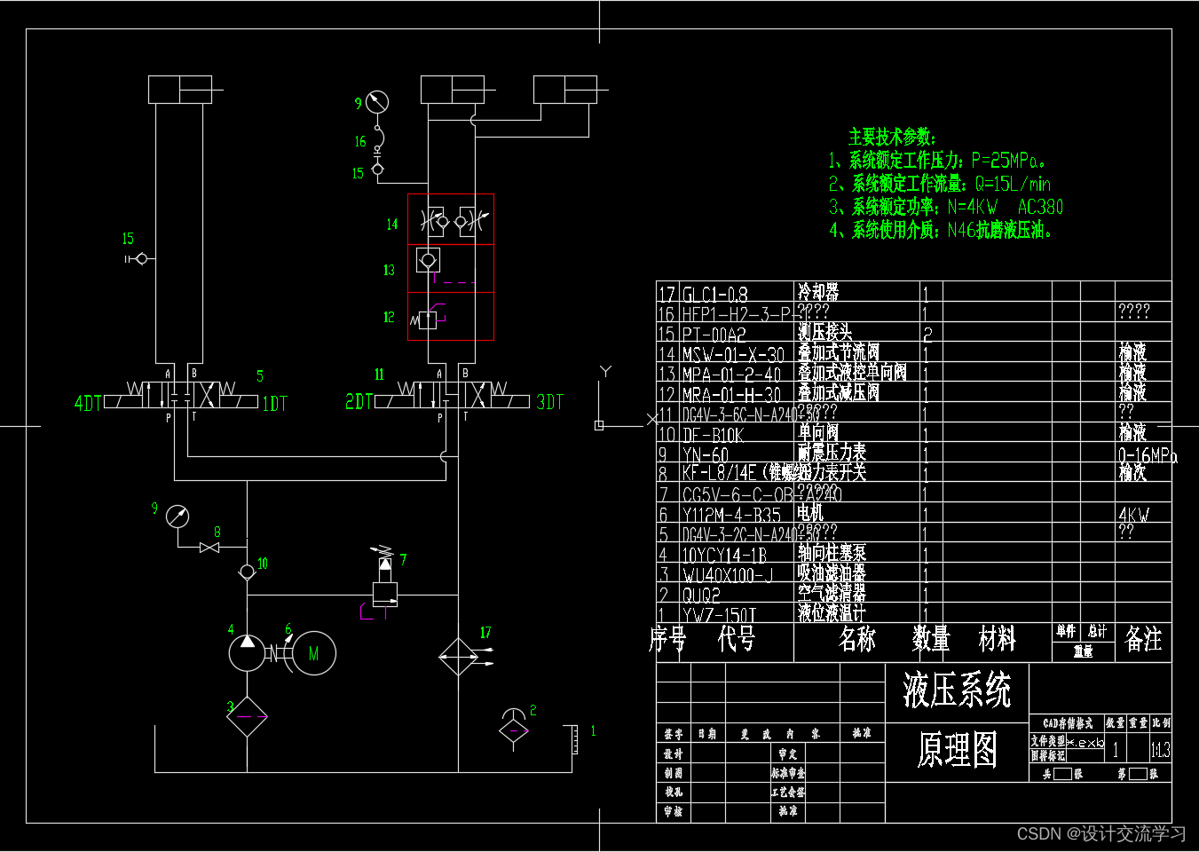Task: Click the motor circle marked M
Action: tap(313, 653)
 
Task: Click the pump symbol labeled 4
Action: tap(247, 653)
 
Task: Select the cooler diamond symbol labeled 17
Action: tap(458, 657)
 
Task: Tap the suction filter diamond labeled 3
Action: tap(247, 716)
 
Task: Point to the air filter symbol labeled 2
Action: tap(514, 728)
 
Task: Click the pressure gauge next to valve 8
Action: tap(177, 517)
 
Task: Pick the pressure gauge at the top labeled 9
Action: tap(377, 102)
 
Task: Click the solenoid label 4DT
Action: tap(88, 404)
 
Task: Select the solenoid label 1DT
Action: tap(275, 404)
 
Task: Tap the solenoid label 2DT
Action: tap(359, 402)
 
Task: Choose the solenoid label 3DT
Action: tap(550, 402)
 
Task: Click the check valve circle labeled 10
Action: tap(247, 572)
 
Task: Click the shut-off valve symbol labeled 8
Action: tap(209, 548)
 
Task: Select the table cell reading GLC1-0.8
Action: tap(715, 294)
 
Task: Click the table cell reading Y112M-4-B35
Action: tap(731, 515)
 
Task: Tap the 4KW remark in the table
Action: tap(1133, 515)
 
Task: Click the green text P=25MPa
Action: tap(1008, 161)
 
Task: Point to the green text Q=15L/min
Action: tap(1013, 184)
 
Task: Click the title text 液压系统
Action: tap(957, 690)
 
